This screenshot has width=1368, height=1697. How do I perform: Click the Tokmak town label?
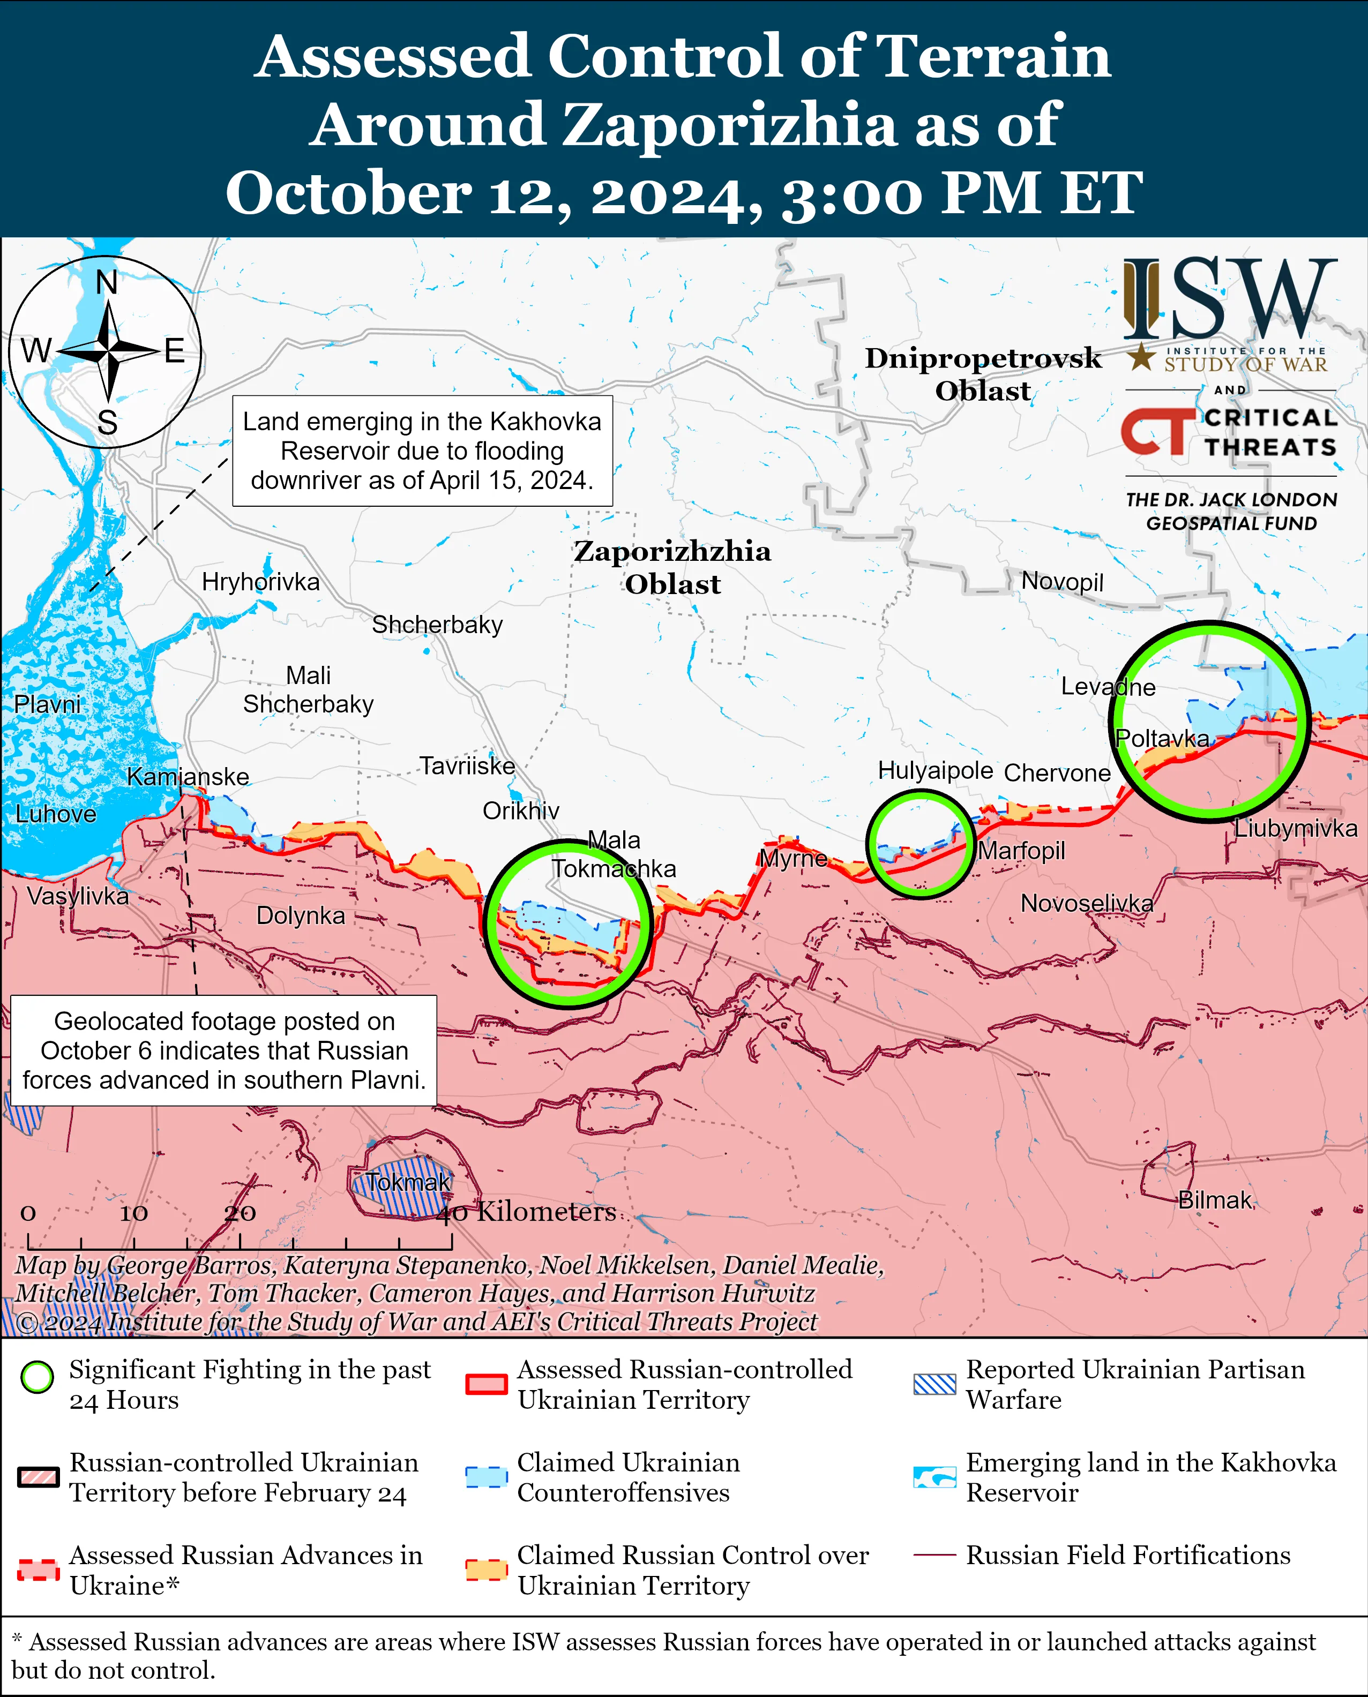(407, 1182)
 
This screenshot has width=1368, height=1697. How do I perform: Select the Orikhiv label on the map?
(521, 810)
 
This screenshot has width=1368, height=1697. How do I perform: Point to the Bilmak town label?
(1214, 1200)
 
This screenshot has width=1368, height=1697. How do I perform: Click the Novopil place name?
(1061, 581)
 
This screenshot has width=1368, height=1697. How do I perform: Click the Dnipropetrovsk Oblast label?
(983, 374)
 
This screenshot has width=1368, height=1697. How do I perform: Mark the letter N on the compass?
(107, 282)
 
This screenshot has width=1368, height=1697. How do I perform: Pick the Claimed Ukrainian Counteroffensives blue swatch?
(485, 1477)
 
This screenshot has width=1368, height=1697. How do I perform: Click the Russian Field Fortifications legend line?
(935, 1555)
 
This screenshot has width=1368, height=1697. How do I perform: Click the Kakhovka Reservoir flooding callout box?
(422, 450)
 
